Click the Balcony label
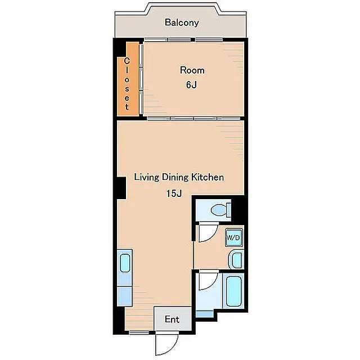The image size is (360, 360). (182, 22)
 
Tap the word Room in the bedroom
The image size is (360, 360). (192, 70)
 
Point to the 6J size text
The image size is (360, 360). (191, 85)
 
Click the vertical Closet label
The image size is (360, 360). (127, 84)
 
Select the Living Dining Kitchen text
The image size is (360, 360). (179, 177)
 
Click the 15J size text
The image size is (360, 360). (174, 193)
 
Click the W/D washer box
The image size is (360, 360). (233, 237)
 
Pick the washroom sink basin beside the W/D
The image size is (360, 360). (236, 260)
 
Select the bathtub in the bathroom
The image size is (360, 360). (233, 291)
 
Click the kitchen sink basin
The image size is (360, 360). (125, 263)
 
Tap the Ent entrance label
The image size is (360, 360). (172, 319)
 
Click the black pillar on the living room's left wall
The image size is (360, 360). (121, 188)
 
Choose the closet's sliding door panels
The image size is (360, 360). (141, 79)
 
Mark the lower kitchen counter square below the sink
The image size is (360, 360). (125, 296)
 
